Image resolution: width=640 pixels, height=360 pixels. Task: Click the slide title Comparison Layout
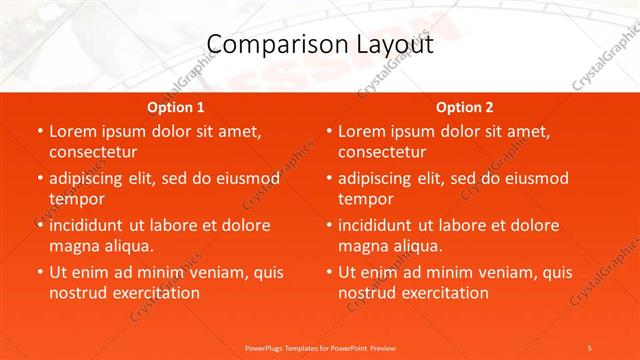point(319,45)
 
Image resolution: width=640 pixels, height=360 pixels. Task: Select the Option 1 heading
point(176,107)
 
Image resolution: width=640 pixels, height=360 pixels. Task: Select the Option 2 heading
point(465,107)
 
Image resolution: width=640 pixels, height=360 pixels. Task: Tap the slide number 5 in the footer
point(590,347)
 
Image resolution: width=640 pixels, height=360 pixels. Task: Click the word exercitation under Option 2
point(443,293)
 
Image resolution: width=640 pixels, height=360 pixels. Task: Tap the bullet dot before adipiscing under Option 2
point(329,179)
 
